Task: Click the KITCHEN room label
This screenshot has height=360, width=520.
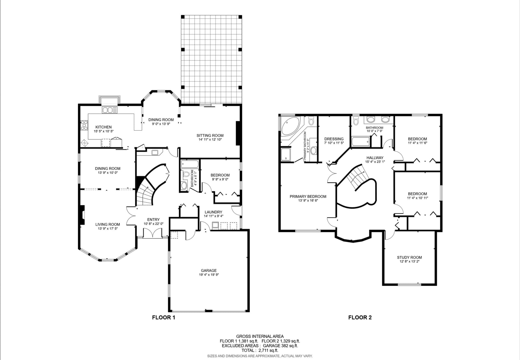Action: tap(104, 127)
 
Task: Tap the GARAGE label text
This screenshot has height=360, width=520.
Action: tap(209, 270)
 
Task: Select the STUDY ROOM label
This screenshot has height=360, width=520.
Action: tap(409, 257)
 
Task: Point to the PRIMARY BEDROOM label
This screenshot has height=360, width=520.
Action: tap(308, 197)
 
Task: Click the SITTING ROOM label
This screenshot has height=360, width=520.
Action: tap(210, 135)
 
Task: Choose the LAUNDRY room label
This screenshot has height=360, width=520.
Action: tap(213, 212)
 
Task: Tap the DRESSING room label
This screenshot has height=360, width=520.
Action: tap(334, 139)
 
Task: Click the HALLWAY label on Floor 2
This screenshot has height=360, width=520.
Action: tap(375, 158)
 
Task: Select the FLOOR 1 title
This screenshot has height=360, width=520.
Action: tap(163, 317)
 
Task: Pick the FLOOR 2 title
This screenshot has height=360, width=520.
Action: tap(360, 317)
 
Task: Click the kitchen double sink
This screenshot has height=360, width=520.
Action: tap(110, 110)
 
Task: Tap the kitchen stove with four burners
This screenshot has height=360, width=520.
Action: tap(84, 125)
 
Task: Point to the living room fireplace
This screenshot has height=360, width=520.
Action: tap(82, 215)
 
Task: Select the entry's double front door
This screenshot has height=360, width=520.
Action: tap(152, 233)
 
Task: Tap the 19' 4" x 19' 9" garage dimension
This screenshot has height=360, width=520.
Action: tap(209, 275)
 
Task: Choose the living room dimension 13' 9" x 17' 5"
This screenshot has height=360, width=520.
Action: tap(108, 229)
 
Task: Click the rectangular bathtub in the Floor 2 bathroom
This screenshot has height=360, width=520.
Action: tap(360, 142)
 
